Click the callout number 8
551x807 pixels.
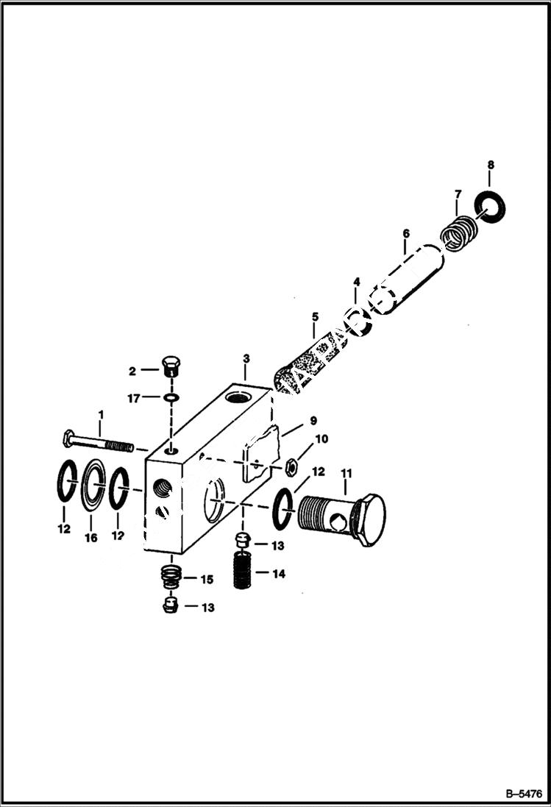(x=491, y=165)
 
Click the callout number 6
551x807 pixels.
(x=405, y=235)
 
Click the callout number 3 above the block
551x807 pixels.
(x=247, y=358)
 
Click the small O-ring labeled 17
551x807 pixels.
(x=171, y=398)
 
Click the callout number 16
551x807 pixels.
(x=90, y=538)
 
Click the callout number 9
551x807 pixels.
(x=312, y=421)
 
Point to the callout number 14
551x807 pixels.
(x=277, y=573)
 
